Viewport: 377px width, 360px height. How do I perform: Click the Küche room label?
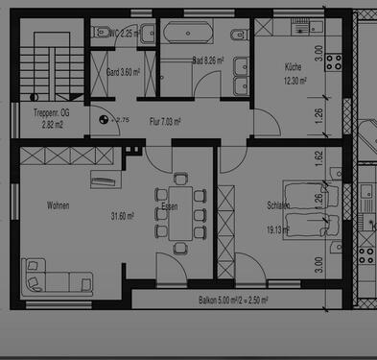coord(294,67)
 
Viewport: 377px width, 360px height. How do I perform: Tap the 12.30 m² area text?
coord(295,82)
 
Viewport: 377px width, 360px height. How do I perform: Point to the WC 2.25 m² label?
coord(126,33)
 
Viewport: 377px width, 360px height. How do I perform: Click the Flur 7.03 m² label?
coord(165,122)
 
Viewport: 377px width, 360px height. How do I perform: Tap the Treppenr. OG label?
coord(38,112)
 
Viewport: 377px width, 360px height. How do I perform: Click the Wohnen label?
coord(58,205)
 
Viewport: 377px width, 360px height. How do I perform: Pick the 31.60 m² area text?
coord(123,216)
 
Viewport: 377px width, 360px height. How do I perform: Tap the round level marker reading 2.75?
coord(104,120)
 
